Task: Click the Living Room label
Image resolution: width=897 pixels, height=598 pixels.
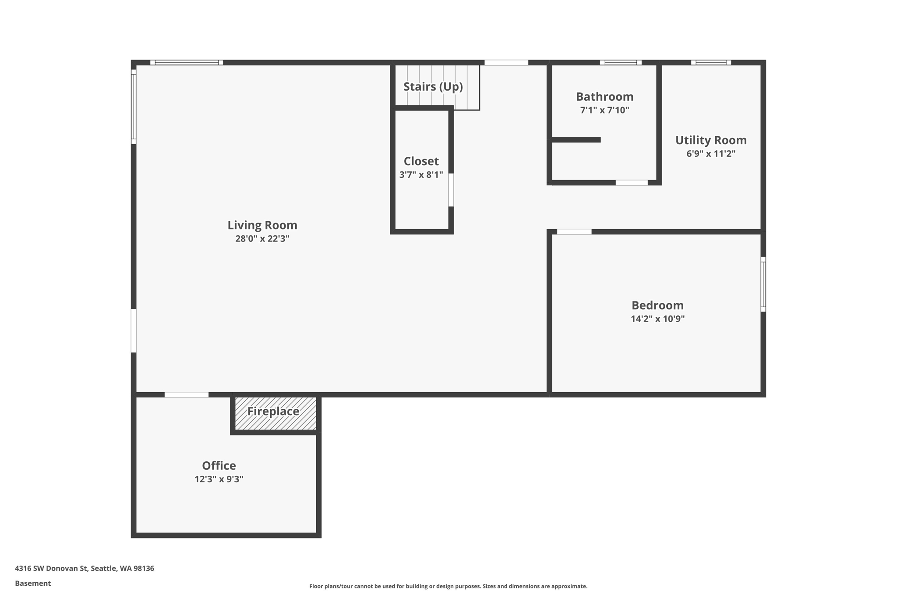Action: (x=262, y=225)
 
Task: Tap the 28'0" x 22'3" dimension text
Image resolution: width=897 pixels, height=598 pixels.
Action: (x=262, y=239)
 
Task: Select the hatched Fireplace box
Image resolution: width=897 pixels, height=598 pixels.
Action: (x=275, y=414)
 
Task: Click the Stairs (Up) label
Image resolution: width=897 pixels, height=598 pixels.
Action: (x=433, y=87)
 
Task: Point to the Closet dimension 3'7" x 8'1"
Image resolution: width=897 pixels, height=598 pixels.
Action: (x=421, y=175)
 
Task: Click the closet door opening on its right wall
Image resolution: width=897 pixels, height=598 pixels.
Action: (x=451, y=190)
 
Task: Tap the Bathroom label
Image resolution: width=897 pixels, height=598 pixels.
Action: (x=604, y=96)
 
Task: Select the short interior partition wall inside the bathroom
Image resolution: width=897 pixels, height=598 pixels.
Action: (x=576, y=140)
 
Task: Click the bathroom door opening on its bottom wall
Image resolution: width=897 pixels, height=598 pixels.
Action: (x=631, y=183)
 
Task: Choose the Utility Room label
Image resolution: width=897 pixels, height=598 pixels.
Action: (x=710, y=140)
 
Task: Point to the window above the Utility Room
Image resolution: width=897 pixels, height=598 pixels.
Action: (x=710, y=63)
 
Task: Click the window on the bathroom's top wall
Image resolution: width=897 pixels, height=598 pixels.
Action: (x=620, y=63)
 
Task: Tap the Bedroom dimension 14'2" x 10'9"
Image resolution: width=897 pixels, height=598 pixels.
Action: (x=657, y=319)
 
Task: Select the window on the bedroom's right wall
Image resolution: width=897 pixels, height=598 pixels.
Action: (x=763, y=284)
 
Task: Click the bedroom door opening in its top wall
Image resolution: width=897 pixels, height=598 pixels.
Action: (x=574, y=232)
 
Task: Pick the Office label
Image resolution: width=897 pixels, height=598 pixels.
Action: (x=219, y=465)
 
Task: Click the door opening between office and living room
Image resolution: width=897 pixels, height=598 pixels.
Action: (x=186, y=395)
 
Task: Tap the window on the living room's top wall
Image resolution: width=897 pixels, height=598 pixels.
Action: (x=187, y=63)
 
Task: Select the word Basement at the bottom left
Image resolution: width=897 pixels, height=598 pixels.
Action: (x=33, y=583)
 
